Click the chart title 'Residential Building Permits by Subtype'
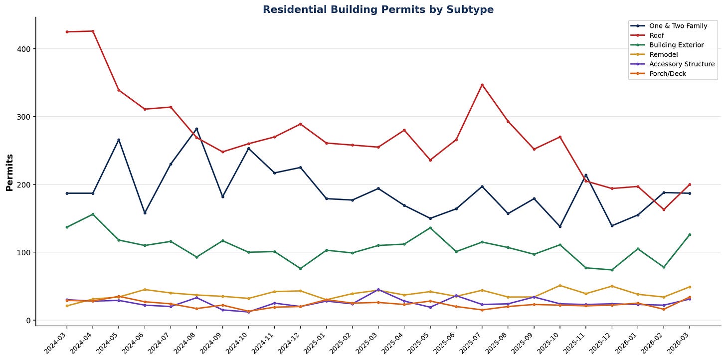378,9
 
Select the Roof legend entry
656,35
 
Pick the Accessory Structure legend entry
682,64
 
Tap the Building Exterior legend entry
676,45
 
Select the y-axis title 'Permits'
9,173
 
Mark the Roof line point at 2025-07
482,85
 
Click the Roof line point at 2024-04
93,31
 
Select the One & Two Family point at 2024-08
196,129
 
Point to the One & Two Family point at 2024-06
145,213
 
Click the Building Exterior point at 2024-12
300,269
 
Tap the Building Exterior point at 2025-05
430,228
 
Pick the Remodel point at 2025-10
559,286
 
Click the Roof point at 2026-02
664,209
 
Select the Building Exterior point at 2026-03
690,235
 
